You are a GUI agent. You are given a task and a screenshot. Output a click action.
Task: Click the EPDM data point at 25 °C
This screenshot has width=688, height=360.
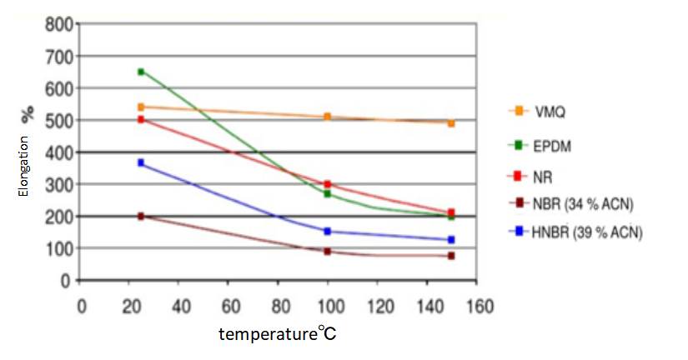(141, 72)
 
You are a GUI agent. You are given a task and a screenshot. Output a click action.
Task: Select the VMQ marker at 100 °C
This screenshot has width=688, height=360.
(328, 117)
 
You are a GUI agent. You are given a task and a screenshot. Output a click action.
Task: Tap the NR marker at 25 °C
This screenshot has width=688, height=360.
(141, 120)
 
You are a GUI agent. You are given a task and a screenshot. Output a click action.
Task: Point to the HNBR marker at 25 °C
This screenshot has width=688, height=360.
(141, 162)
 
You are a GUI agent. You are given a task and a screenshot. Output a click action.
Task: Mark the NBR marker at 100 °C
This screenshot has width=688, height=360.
(328, 251)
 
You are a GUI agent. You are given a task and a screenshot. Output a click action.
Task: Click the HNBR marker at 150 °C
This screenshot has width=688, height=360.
(451, 240)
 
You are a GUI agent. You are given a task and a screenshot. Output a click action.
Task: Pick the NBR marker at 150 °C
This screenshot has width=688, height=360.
(451, 256)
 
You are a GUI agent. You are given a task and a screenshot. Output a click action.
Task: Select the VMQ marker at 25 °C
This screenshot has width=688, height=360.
(141, 107)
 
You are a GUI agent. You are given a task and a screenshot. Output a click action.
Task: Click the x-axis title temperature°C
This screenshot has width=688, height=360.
(278, 334)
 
